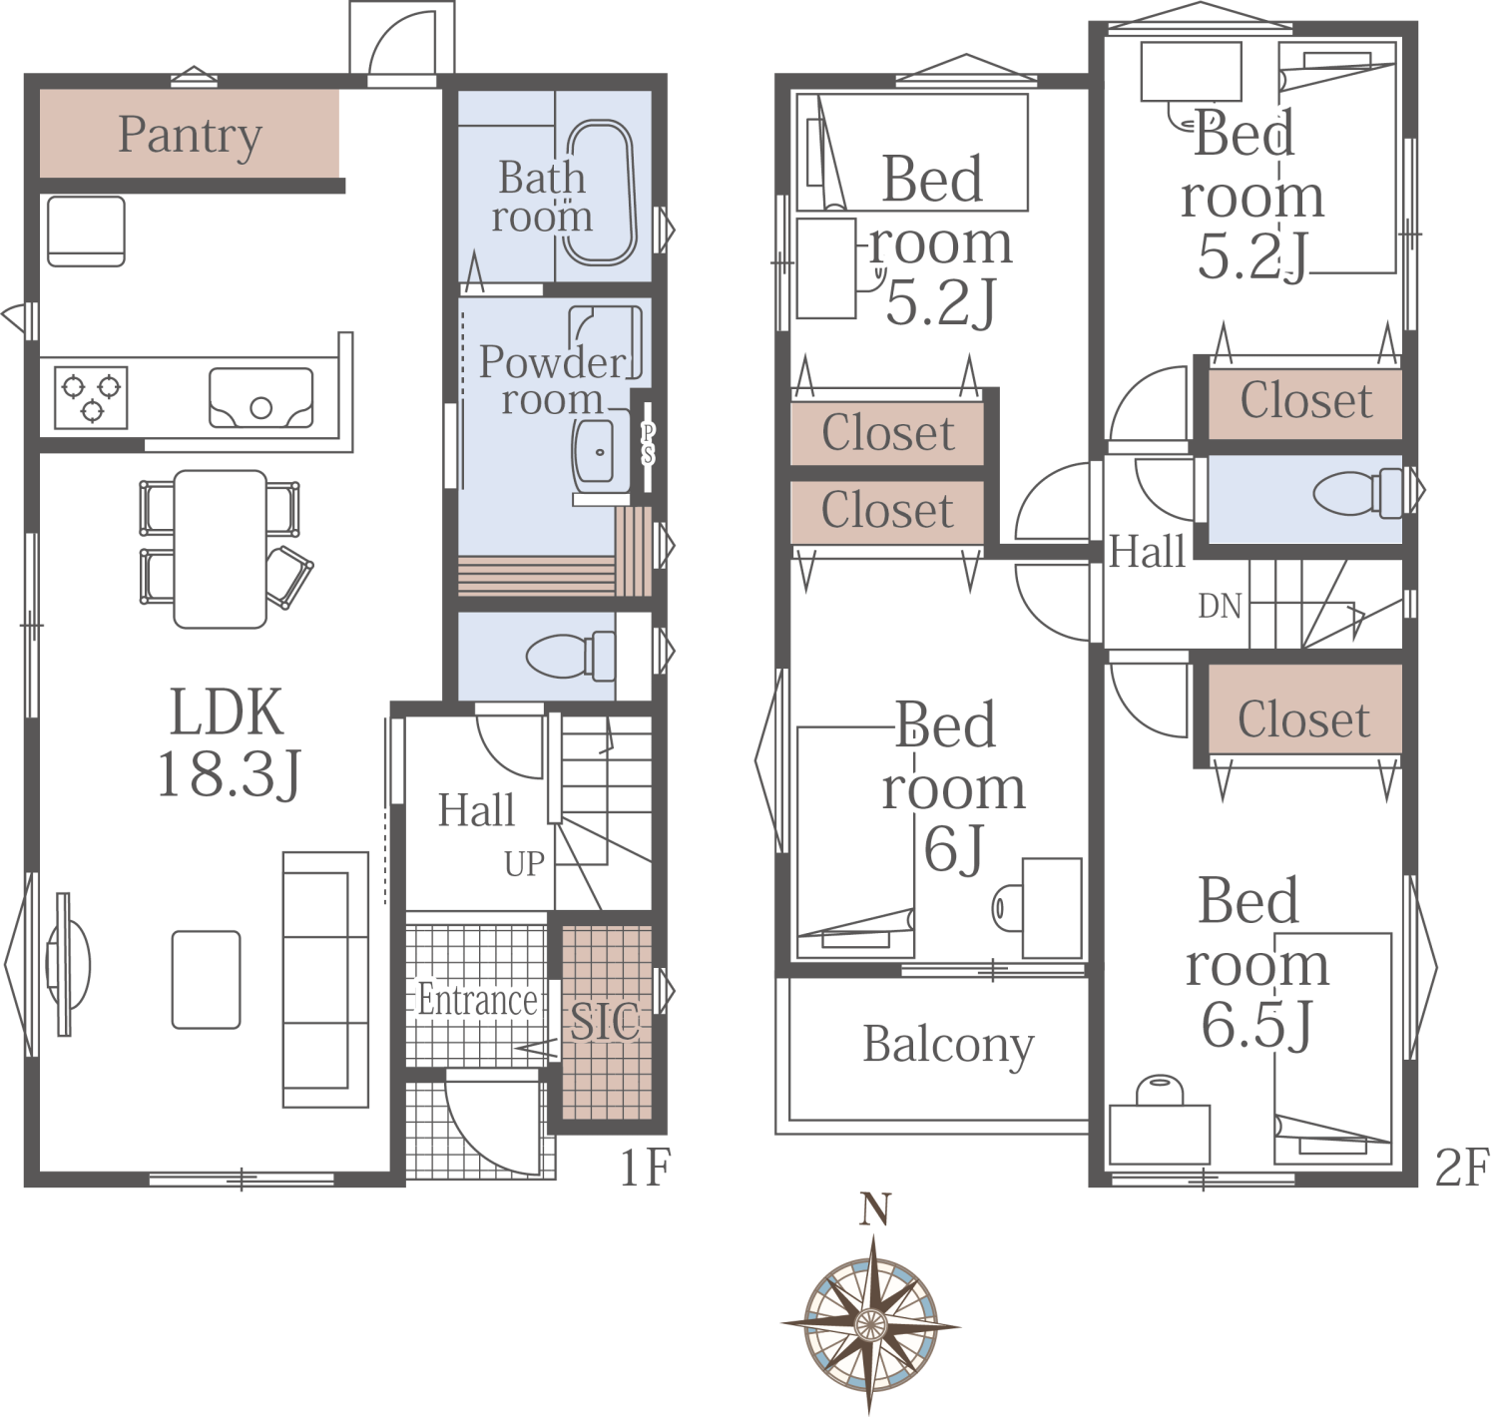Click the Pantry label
[190, 137]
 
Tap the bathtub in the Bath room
[600, 193]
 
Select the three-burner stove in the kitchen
[91, 397]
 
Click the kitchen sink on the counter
[261, 398]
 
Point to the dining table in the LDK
[220, 549]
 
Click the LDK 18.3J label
[229, 742]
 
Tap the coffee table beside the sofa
[207, 979]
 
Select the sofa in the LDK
[325, 979]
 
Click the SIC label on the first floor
[605, 1021]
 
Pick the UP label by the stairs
[524, 864]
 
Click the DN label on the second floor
[1220, 606]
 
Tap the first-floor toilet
[571, 656]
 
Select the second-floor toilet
[1357, 493]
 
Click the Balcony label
[948, 1046]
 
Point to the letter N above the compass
[875, 1209]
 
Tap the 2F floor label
[1462, 1168]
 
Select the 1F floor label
[644, 1168]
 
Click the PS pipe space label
[648, 444]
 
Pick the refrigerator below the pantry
[86, 232]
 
